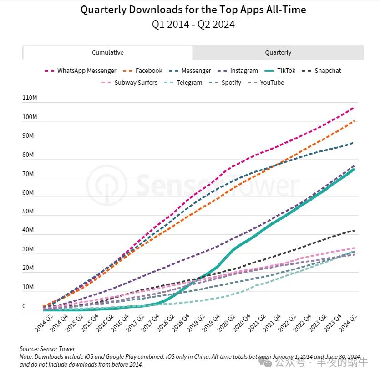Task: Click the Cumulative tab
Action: point(107,52)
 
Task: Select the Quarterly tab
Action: point(278,52)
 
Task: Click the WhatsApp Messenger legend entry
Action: point(81,71)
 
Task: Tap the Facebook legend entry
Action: point(142,71)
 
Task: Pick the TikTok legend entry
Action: point(280,71)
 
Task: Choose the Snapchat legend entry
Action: point(321,71)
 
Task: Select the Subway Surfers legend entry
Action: point(129,83)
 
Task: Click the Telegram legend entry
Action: point(183,83)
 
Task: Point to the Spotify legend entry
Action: point(225,83)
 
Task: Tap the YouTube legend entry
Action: point(266,83)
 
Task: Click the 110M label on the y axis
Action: point(30,98)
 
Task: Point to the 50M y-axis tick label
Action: point(28,211)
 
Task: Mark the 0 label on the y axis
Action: point(24,306)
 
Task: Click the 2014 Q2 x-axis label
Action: point(44,323)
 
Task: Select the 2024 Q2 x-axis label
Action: point(348,323)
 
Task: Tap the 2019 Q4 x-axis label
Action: point(211,323)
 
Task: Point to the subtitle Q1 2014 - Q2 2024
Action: point(193,25)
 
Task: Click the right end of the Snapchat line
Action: point(355,230)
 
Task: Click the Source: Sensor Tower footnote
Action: point(47,349)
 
